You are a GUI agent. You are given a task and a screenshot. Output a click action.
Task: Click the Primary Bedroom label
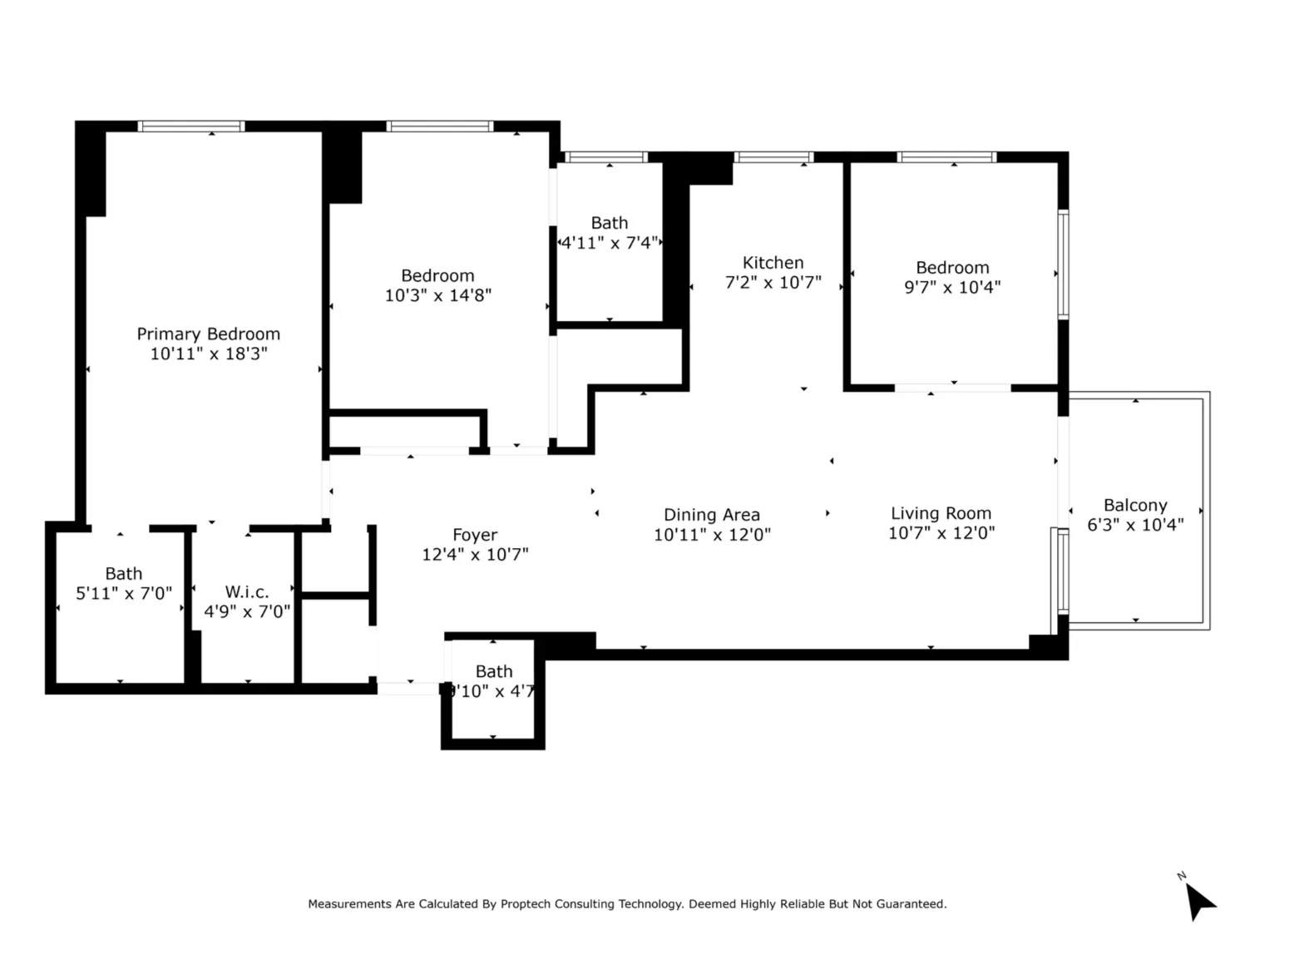(x=208, y=334)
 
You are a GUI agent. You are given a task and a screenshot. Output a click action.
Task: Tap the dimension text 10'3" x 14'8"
(x=437, y=295)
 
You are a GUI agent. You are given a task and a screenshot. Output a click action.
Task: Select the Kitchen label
(x=773, y=263)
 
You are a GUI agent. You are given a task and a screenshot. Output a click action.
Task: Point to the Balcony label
(x=1135, y=505)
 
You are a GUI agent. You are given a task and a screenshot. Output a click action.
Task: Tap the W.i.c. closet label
(x=247, y=592)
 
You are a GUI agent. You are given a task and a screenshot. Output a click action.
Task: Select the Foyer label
(x=475, y=535)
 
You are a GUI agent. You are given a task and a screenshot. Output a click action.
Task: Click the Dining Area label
(x=711, y=515)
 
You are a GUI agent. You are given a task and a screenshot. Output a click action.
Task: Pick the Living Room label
(x=941, y=513)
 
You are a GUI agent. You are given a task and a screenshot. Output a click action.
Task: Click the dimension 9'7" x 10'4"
(x=952, y=288)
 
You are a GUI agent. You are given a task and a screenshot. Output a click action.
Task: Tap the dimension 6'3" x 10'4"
(x=1135, y=525)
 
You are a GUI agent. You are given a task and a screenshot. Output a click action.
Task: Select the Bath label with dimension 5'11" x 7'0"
(x=123, y=574)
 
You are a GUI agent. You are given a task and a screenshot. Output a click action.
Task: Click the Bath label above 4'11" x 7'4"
(x=609, y=223)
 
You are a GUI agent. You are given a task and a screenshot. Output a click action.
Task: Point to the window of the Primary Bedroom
(x=190, y=126)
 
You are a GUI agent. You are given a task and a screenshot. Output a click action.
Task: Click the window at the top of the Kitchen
(x=773, y=157)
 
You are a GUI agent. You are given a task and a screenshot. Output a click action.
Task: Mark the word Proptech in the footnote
(x=526, y=904)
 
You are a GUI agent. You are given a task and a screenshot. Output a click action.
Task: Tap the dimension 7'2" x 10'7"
(x=773, y=283)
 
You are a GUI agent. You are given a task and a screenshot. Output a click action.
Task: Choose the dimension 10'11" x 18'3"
(x=208, y=354)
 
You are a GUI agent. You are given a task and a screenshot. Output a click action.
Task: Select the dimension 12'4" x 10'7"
(x=475, y=555)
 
